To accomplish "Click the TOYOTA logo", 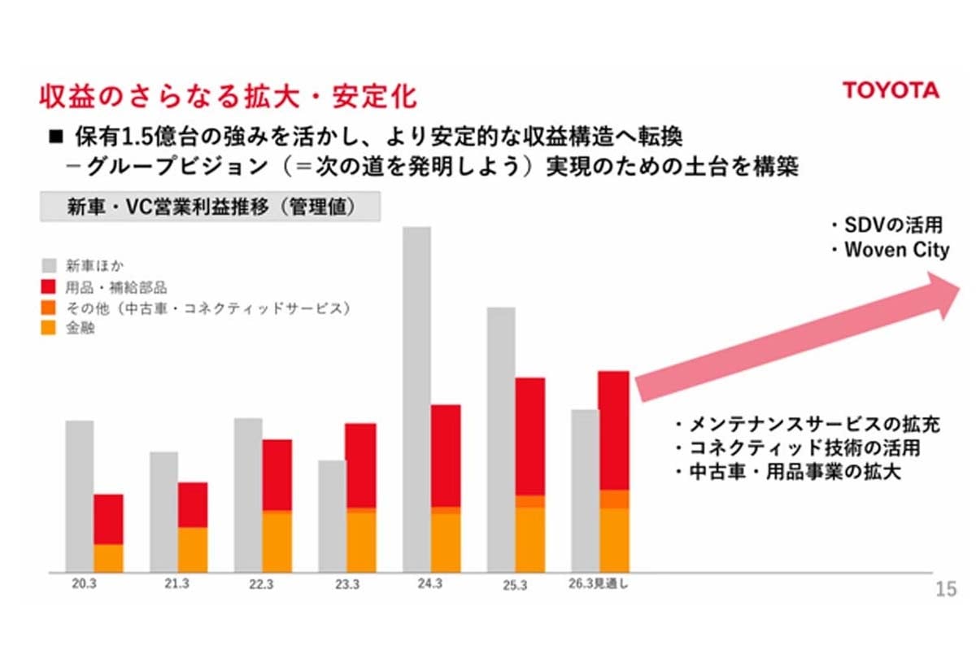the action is [x=890, y=90].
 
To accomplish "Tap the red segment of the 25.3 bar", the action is [x=529, y=435].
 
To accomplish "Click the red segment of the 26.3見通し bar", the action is [x=613, y=430].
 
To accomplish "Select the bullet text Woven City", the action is [x=895, y=250].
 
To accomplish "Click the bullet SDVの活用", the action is [x=888, y=225].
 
